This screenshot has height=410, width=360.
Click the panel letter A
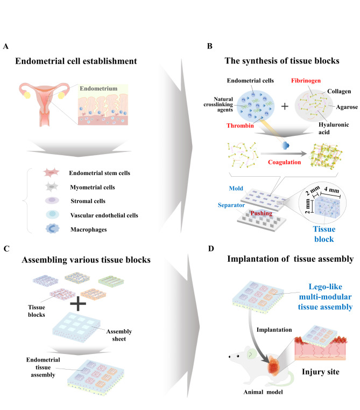(x=5, y=47)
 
